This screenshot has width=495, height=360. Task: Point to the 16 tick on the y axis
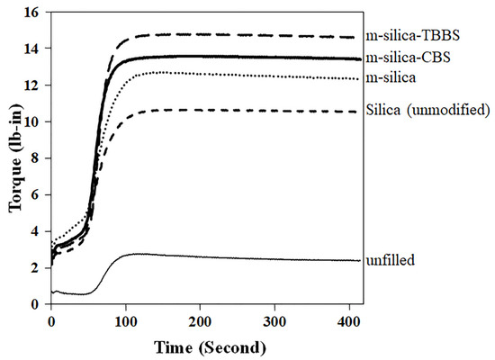pos(35,12)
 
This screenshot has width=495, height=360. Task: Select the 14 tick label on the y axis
pos(35,49)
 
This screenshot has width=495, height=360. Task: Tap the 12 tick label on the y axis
pos(35,85)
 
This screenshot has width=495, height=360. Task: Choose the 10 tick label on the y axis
pos(35,121)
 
